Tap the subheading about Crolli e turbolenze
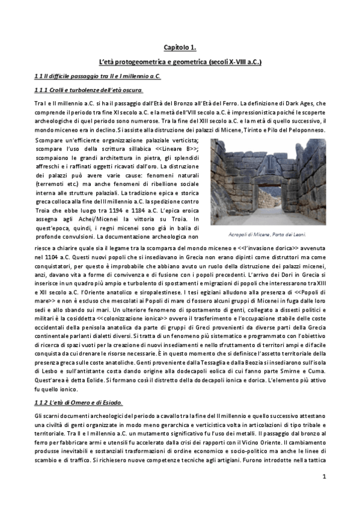88,90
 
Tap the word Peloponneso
304,130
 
